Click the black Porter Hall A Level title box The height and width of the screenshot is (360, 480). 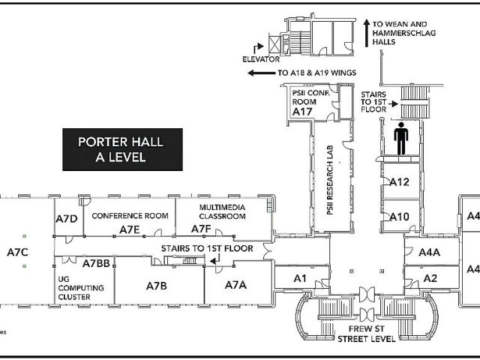point(121,148)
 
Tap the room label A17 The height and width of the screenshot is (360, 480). point(302,112)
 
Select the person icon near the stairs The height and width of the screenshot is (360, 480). point(400,139)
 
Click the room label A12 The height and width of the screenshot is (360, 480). point(399,181)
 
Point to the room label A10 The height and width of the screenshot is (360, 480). point(399,217)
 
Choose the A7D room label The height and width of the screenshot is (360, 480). point(67,218)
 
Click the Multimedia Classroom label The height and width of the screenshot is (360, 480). point(222,211)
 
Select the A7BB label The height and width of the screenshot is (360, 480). point(97,263)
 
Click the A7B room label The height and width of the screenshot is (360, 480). point(156,285)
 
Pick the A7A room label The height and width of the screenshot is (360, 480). point(235,285)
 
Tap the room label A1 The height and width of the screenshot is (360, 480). point(301,278)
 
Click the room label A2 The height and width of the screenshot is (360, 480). point(430,278)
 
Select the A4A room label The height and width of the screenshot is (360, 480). point(430,253)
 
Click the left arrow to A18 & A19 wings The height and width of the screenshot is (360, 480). point(260,73)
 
